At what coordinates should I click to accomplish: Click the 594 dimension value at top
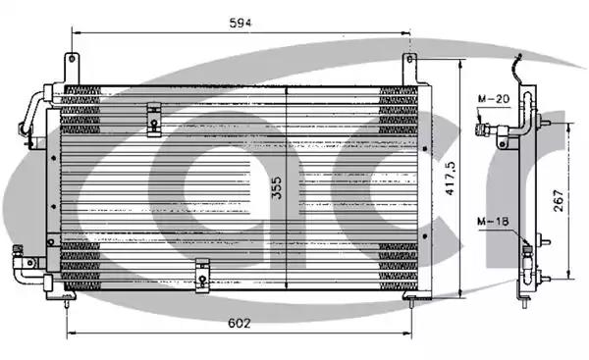click(241, 23)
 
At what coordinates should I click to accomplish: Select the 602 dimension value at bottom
click(239, 323)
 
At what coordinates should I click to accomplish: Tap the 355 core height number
click(277, 187)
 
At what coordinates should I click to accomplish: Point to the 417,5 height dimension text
click(450, 178)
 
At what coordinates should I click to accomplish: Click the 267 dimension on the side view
click(559, 200)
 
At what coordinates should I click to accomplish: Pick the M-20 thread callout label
click(494, 99)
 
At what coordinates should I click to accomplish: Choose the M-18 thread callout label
click(493, 221)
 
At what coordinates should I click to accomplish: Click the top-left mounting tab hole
click(72, 59)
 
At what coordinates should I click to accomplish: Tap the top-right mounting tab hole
click(409, 59)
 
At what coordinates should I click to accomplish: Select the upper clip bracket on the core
click(154, 119)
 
